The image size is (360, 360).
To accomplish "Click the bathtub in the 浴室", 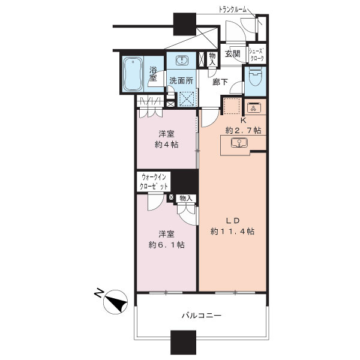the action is point(133,74).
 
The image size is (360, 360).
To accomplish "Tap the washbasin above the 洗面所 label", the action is point(182,61).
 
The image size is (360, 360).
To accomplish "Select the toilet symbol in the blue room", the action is point(255,77).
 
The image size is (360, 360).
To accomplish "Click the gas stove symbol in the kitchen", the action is point(253,107).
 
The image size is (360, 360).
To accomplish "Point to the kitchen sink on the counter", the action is point(239,143).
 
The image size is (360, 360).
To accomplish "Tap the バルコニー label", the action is point(202,315).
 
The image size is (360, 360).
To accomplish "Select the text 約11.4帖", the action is point(232,231).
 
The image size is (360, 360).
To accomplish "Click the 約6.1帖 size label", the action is point(166,245).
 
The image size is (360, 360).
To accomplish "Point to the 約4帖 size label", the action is point(166,145).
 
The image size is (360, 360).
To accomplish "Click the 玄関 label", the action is point(232,54).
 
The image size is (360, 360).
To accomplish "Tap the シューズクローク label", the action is point(257,55).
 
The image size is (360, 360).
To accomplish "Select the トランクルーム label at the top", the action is point(232,10).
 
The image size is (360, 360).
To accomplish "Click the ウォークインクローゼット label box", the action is point(154,181).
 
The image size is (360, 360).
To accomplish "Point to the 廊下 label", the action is point(220,82).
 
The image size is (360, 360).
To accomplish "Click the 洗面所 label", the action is point(181,80).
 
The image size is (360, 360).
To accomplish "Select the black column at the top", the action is point(185,24).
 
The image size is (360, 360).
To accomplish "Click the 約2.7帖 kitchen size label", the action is point(244,130).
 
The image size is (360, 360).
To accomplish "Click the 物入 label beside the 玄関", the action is point(212,59).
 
